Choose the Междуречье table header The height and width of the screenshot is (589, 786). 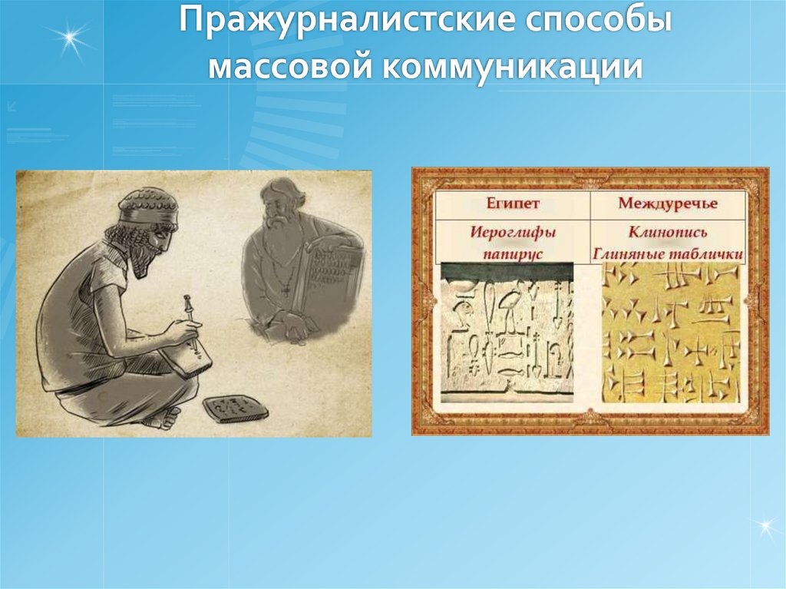[668, 205]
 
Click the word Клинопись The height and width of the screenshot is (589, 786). [668, 230]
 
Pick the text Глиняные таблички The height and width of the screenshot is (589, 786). [668, 251]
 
